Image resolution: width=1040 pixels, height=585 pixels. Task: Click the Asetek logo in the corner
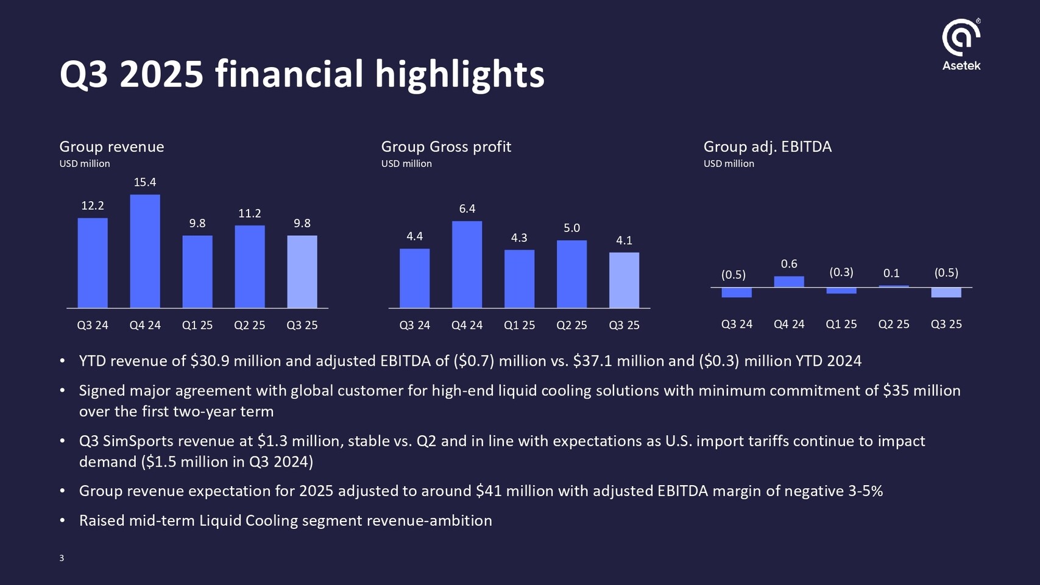[961, 44]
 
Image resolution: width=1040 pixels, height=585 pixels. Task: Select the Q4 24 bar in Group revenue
[145, 251]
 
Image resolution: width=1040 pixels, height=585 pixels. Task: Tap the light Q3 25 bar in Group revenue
[302, 272]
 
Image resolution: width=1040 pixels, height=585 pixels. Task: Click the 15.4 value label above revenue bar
[145, 182]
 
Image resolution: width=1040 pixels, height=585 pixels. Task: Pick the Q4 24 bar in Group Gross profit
[467, 264]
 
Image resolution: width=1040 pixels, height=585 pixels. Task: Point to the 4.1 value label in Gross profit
[624, 241]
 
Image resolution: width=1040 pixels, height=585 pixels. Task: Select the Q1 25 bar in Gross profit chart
[519, 279]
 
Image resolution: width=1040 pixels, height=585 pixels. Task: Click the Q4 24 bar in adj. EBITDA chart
[789, 282]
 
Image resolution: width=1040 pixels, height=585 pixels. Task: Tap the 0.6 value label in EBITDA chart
[789, 264]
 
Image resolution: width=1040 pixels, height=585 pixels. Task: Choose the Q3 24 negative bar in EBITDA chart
[737, 292]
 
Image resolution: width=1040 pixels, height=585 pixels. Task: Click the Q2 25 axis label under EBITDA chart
[894, 324]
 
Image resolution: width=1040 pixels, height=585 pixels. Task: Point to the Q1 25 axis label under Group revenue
[197, 325]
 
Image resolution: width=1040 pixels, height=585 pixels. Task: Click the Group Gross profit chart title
[446, 147]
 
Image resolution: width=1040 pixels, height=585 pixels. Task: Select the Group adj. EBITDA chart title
[768, 147]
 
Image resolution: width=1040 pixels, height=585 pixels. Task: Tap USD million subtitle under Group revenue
[85, 164]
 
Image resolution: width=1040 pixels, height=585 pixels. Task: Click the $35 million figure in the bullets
[921, 391]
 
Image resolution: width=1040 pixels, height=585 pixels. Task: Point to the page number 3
[62, 558]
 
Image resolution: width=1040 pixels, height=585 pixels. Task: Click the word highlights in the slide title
[459, 74]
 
